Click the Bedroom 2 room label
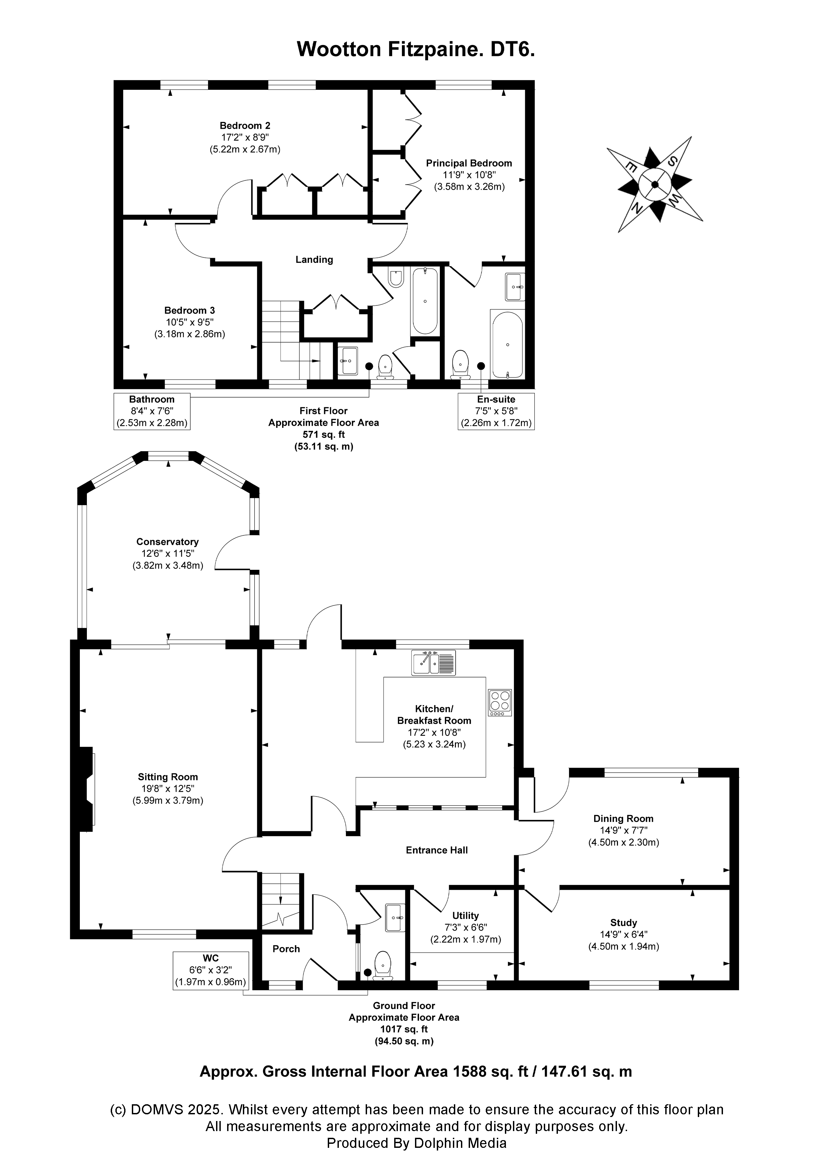point(245,125)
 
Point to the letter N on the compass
point(638,208)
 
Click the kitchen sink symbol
point(433,662)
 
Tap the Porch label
point(286,949)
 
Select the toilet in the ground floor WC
point(382,965)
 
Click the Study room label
point(623,923)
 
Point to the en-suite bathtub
point(507,344)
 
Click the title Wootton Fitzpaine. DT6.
point(416,49)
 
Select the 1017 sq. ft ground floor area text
point(404,1029)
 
